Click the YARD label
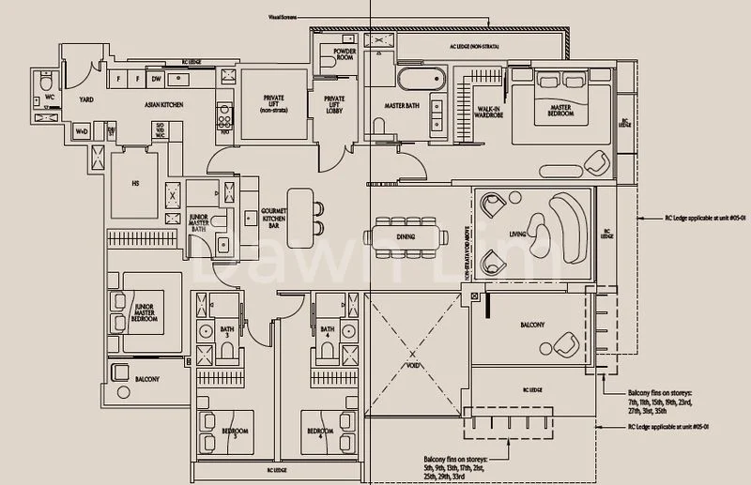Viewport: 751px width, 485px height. pyautogui.click(x=85, y=99)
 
